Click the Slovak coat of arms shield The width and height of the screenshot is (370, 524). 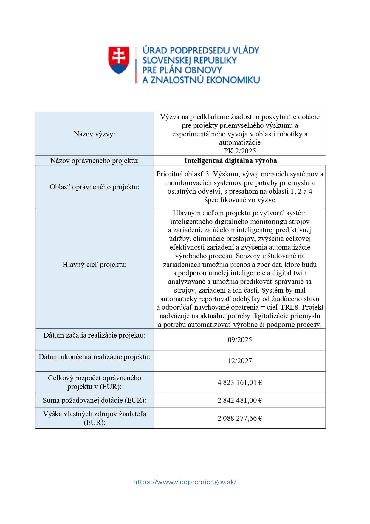tap(119, 60)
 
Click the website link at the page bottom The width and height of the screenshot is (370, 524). tap(185, 482)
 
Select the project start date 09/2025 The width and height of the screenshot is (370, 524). tap(240, 340)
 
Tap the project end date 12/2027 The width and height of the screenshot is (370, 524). tap(240, 361)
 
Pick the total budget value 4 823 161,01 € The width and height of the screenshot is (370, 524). tap(240, 382)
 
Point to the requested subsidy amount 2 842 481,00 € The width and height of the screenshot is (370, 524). tap(240, 400)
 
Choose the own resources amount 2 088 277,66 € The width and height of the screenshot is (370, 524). tap(240, 418)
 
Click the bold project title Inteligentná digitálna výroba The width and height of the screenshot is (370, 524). tap(230, 161)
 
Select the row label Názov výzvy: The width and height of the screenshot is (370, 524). tap(95, 134)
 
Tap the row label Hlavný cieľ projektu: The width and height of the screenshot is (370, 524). tap(95, 265)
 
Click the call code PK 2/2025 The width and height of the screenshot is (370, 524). tap(240, 151)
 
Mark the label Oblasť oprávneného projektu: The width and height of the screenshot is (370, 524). tap(95, 187)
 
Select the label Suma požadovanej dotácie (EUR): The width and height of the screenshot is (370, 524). tap(95, 400)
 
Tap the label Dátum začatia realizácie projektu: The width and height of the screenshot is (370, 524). tap(95, 335)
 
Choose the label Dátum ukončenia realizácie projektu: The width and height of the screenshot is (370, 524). tap(95, 357)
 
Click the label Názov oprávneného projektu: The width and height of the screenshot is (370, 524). tap(95, 161)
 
